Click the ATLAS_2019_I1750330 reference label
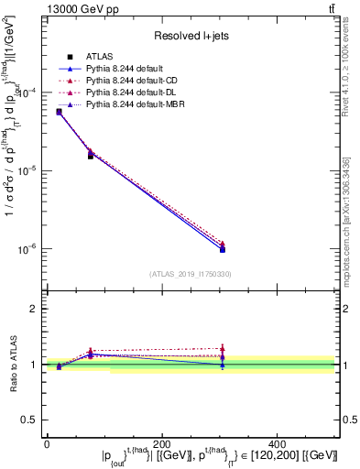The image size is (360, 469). click(190, 273)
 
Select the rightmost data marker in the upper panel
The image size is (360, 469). click(223, 249)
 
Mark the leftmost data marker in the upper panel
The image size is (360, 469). click(59, 112)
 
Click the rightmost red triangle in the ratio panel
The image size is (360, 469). click(223, 348)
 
